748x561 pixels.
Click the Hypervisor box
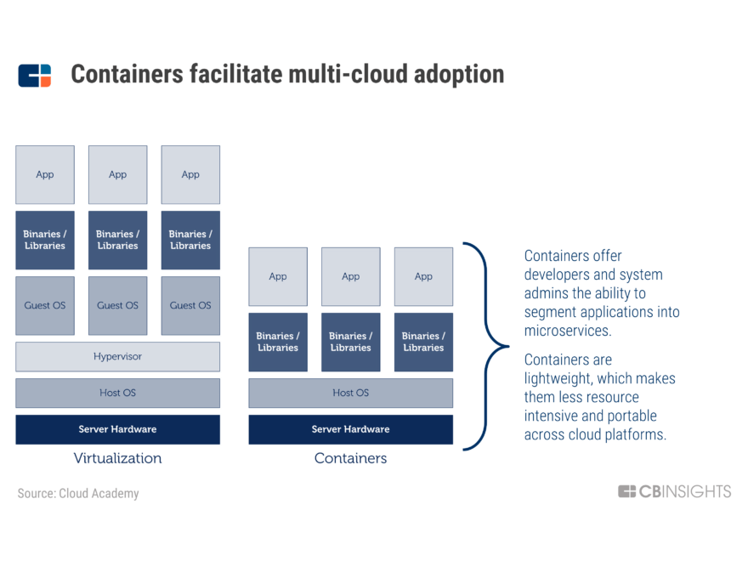[x=117, y=356]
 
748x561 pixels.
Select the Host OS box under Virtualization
[x=117, y=393]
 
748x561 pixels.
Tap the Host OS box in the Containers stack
[x=350, y=393]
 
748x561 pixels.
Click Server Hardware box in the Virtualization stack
[x=117, y=429]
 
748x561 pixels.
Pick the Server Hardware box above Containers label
[x=350, y=429]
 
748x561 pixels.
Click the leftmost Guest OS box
[x=45, y=305]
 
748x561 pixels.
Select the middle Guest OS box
[x=117, y=305]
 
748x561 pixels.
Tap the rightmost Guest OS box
[x=190, y=305]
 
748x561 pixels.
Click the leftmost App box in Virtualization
[x=45, y=174]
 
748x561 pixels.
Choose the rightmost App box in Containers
[x=423, y=276]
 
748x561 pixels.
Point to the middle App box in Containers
[x=350, y=276]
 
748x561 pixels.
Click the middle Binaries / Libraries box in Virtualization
[x=117, y=240]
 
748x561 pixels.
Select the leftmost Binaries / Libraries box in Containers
[x=278, y=342]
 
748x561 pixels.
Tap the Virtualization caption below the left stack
[x=117, y=458]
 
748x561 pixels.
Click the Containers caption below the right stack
[x=350, y=458]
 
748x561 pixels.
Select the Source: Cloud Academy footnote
[x=78, y=493]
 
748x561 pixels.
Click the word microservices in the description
[x=567, y=331]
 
